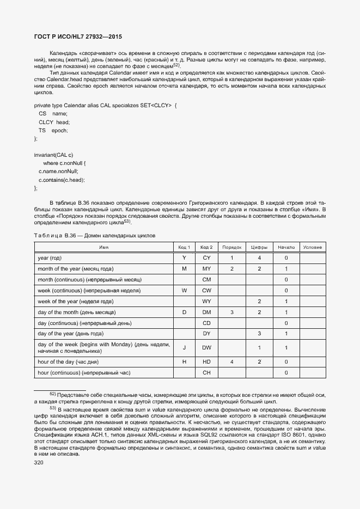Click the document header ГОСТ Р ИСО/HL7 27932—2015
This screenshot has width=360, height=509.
point(78,36)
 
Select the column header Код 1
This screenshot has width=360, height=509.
point(184,247)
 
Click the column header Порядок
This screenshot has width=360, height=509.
point(231,247)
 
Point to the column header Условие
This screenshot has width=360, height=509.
point(312,247)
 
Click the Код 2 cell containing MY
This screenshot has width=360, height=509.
point(206,268)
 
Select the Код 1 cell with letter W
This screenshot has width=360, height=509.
point(184,290)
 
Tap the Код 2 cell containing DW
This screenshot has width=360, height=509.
point(206,347)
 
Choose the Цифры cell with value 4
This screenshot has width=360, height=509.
point(260,257)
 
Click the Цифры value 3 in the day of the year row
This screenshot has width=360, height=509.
point(260,333)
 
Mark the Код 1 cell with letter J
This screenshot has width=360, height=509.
point(184,347)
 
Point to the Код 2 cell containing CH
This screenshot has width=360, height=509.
point(206,372)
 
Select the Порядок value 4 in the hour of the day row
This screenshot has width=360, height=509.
point(231,361)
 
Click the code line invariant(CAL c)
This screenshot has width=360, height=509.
point(53,155)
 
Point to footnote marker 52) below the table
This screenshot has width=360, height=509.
point(53,394)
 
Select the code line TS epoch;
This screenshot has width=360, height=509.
point(53,131)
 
